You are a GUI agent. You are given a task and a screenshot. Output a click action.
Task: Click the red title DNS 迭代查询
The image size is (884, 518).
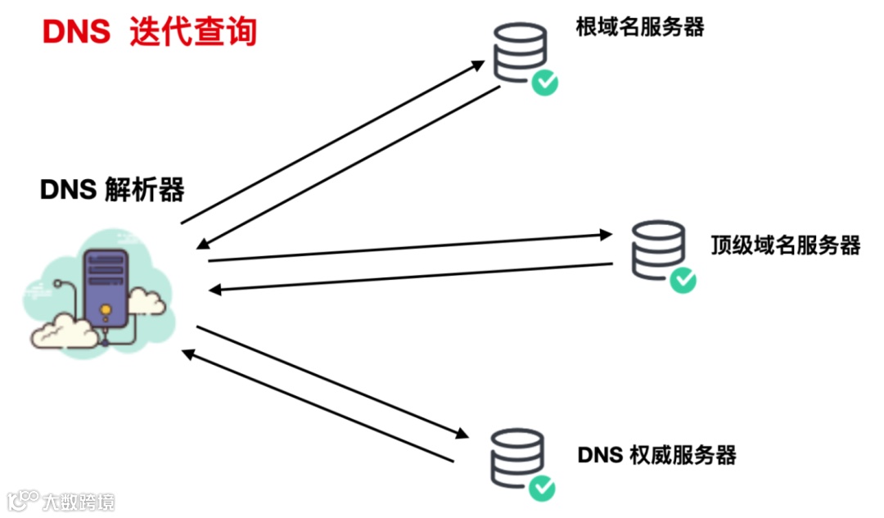click(x=150, y=32)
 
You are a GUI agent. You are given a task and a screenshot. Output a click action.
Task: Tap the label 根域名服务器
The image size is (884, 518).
click(x=640, y=27)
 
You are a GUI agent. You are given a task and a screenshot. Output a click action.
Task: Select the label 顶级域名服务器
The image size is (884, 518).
click(x=785, y=245)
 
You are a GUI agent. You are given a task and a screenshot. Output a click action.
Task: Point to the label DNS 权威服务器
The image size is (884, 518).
click(x=656, y=454)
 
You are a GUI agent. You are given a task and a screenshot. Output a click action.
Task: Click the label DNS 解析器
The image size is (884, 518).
click(x=112, y=190)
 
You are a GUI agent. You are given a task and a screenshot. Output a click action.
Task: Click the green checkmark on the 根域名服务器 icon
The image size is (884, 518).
click(x=544, y=82)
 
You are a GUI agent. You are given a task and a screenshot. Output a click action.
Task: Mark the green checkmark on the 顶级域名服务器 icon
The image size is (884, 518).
click(x=683, y=281)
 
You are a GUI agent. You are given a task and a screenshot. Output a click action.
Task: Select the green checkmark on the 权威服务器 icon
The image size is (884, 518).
click(x=541, y=489)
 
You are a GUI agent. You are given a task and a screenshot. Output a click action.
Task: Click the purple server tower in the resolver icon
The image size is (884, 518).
click(x=106, y=291)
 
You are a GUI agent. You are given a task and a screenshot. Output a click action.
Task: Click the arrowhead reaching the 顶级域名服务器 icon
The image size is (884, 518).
click(x=607, y=236)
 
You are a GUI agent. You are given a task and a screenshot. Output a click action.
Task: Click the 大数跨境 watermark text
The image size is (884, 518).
click(x=79, y=501)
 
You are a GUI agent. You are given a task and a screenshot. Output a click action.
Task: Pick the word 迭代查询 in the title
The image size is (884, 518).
click(x=193, y=32)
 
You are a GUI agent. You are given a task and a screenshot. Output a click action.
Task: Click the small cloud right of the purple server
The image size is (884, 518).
click(x=147, y=301)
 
